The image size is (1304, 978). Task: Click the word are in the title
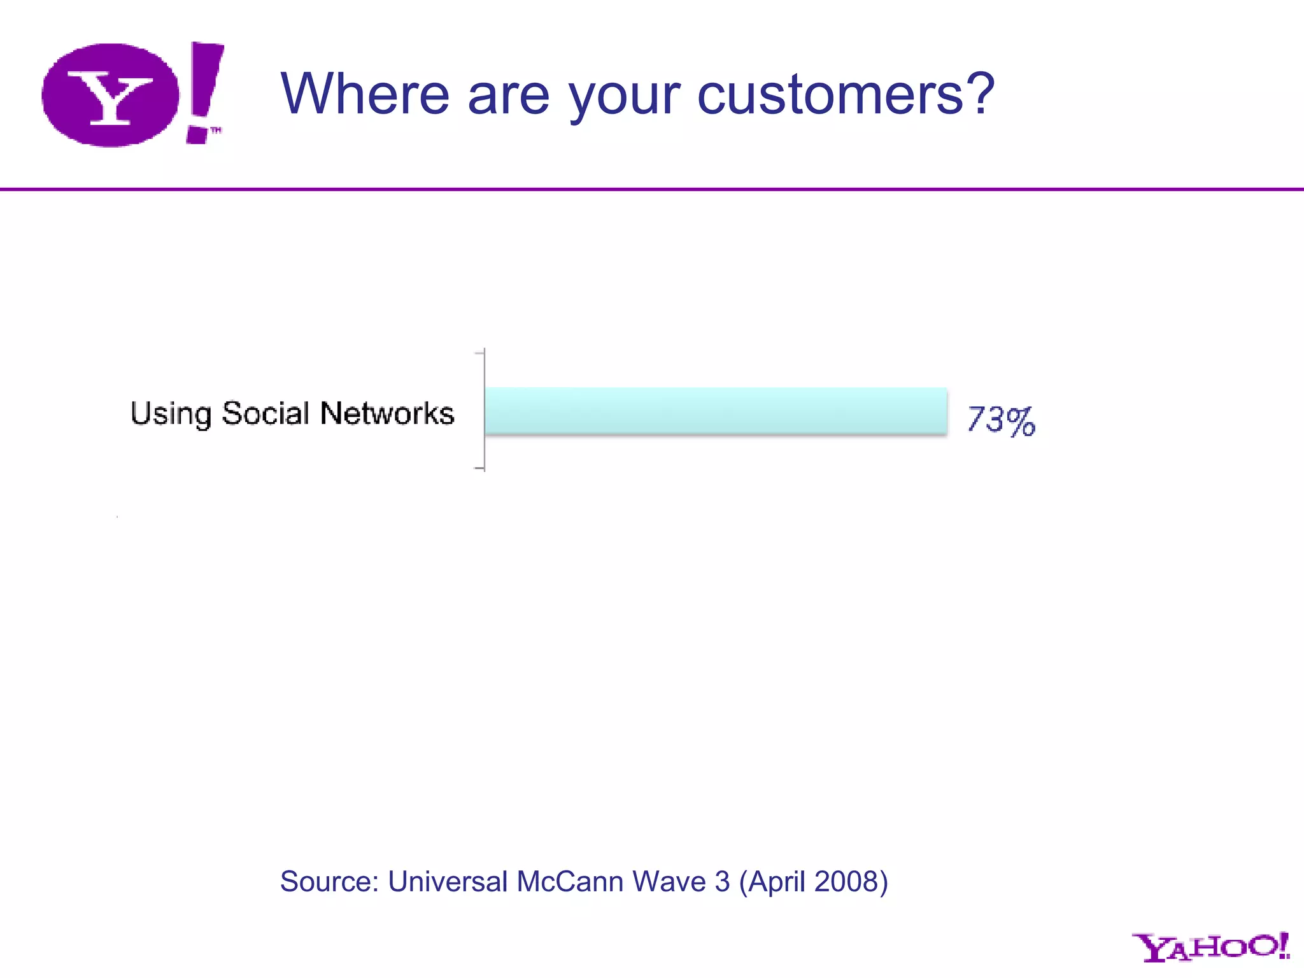coord(508,96)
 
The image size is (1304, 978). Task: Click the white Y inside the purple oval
coord(110,97)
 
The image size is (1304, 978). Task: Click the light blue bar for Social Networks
coord(716,411)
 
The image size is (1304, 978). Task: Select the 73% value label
coord(1001,420)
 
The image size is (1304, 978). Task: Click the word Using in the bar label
coord(171,414)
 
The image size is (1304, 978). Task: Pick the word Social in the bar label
coord(266,413)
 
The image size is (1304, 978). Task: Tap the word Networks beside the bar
coord(387,413)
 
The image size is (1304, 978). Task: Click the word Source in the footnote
coord(329,882)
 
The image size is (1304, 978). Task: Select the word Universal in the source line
coord(448,882)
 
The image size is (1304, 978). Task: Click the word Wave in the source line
coord(669,882)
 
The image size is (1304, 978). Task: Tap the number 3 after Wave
coord(722,882)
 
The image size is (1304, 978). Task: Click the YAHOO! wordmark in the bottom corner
coord(1210,947)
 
